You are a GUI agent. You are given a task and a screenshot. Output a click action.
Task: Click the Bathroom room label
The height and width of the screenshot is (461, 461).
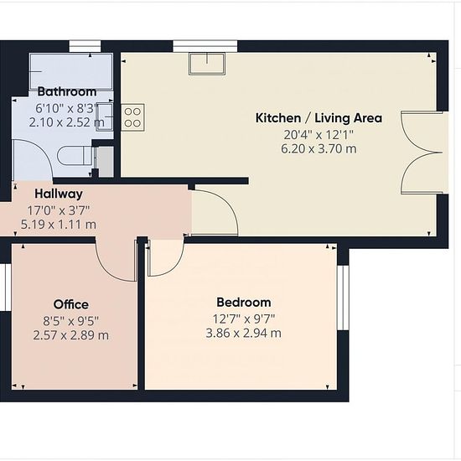coord(67,91)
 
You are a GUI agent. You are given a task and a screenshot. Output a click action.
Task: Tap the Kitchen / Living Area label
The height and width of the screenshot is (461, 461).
coord(319,118)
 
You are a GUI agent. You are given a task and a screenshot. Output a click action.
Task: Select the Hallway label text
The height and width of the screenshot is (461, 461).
coord(59,194)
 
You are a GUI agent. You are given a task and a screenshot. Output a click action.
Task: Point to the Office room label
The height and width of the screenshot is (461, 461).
coord(71,304)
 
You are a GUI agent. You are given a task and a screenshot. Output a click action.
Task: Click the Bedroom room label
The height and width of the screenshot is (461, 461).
coord(244,303)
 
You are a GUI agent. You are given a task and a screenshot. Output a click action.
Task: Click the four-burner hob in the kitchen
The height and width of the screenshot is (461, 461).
coord(132,117)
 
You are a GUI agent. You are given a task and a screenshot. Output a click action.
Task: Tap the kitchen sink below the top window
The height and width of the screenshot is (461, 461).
coord(207,64)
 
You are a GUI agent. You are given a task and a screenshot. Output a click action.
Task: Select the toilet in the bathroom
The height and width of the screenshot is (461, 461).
coord(75,156)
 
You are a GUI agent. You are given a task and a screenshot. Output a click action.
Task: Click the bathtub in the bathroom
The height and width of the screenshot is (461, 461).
coord(71,71)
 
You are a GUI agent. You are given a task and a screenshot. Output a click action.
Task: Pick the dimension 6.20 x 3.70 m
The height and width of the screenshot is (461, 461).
coord(319,148)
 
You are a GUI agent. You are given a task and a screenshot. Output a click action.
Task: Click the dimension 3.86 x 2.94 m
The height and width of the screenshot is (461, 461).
coord(243,333)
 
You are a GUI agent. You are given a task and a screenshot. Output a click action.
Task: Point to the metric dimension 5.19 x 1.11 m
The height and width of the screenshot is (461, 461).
coord(58,225)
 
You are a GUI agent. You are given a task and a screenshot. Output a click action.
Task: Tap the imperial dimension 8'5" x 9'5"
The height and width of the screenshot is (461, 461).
coord(71,321)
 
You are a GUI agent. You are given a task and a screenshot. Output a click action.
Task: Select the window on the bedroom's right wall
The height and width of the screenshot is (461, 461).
coord(343,298)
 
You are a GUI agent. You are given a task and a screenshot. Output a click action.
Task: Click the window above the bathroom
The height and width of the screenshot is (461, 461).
coord(85,46)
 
